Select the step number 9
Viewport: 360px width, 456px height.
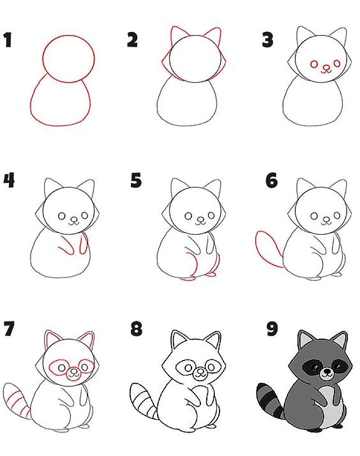click(272, 329)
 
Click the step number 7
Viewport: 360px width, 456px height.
click(9, 329)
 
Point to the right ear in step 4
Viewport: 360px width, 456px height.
click(87, 187)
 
